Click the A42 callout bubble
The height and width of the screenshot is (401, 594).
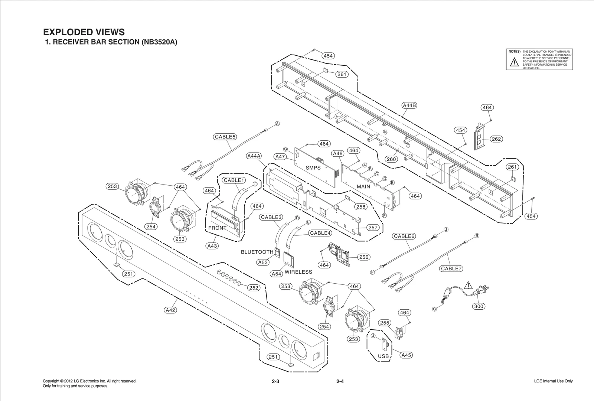pyautogui.click(x=170, y=310)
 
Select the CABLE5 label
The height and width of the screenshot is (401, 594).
pyautogui.click(x=225, y=137)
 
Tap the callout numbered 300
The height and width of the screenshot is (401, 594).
pyautogui.click(x=479, y=306)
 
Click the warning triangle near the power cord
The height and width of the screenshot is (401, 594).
pyautogui.click(x=469, y=286)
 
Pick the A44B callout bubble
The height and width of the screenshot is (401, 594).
pyautogui.click(x=409, y=105)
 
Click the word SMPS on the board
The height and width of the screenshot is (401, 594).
pyautogui.click(x=313, y=168)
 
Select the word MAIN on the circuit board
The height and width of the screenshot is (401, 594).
pyautogui.click(x=363, y=186)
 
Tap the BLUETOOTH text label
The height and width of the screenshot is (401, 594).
pyautogui.click(x=257, y=252)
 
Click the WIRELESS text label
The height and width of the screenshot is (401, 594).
pyautogui.click(x=298, y=272)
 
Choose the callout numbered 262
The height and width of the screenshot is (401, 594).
pyautogui.click(x=496, y=139)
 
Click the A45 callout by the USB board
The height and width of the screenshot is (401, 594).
pyautogui.click(x=407, y=355)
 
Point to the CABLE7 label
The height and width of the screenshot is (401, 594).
pyautogui.click(x=451, y=268)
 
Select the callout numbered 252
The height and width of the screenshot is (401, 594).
pyautogui.click(x=254, y=288)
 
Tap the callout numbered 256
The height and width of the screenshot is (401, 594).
pyautogui.click(x=364, y=257)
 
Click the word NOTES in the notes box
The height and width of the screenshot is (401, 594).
pyautogui.click(x=514, y=52)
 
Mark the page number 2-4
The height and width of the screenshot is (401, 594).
pyautogui.click(x=340, y=381)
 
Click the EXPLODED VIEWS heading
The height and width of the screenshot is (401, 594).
pyautogui.click(x=84, y=32)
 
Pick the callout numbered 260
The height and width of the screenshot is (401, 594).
pyautogui.click(x=391, y=159)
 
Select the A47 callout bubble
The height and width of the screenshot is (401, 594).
pyautogui.click(x=280, y=157)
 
